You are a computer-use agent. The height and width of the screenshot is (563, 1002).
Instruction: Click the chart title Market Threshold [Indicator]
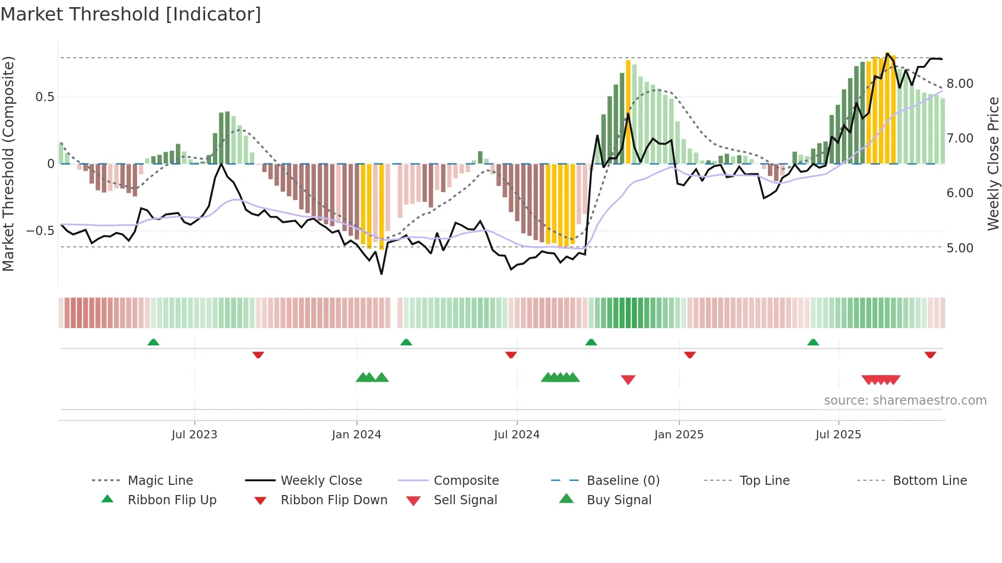click(131, 14)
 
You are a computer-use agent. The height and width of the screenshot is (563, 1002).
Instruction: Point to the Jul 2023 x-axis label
click(194, 435)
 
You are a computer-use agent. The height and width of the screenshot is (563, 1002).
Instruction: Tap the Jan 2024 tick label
click(356, 435)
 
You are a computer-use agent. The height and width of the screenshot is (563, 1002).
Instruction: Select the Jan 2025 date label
click(678, 435)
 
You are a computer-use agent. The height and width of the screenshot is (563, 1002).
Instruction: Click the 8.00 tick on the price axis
click(960, 84)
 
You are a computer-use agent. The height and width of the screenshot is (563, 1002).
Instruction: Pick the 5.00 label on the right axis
click(960, 248)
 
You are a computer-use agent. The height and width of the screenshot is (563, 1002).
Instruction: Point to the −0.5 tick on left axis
click(40, 231)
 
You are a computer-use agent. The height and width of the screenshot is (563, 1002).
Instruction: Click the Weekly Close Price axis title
click(992, 163)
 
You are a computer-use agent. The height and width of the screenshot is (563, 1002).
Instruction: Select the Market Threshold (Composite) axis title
click(8, 163)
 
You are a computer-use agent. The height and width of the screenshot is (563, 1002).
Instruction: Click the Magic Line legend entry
click(160, 481)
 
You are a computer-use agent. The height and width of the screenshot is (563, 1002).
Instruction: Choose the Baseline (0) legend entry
click(623, 481)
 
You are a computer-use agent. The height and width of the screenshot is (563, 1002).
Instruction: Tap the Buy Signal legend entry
click(619, 500)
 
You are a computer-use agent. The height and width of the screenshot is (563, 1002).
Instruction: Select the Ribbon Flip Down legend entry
click(333, 500)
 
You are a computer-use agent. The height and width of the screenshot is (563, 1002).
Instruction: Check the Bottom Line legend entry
click(929, 481)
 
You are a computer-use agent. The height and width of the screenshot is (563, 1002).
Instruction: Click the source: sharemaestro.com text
click(905, 401)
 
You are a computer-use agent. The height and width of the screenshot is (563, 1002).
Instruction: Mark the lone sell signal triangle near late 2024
click(628, 379)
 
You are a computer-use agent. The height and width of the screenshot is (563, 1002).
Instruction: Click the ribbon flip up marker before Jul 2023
click(153, 342)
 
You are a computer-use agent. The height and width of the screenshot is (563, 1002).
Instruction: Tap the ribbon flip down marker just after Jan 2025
click(690, 355)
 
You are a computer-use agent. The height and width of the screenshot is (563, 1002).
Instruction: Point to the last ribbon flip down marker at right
click(930, 355)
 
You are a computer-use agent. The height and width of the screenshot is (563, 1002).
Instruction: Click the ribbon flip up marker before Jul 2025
click(813, 342)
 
